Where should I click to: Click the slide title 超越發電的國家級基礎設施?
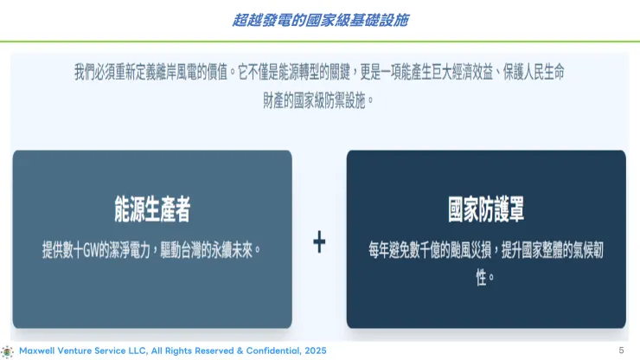pos(320,19)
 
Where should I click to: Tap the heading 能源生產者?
pos(152,209)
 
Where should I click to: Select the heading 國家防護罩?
pos(486,209)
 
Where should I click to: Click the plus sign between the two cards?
pos(319,243)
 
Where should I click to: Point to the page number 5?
pos(621,350)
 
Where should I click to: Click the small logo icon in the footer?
pos(8,350)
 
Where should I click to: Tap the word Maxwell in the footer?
pos(38,350)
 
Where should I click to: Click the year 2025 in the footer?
pos(315,350)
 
